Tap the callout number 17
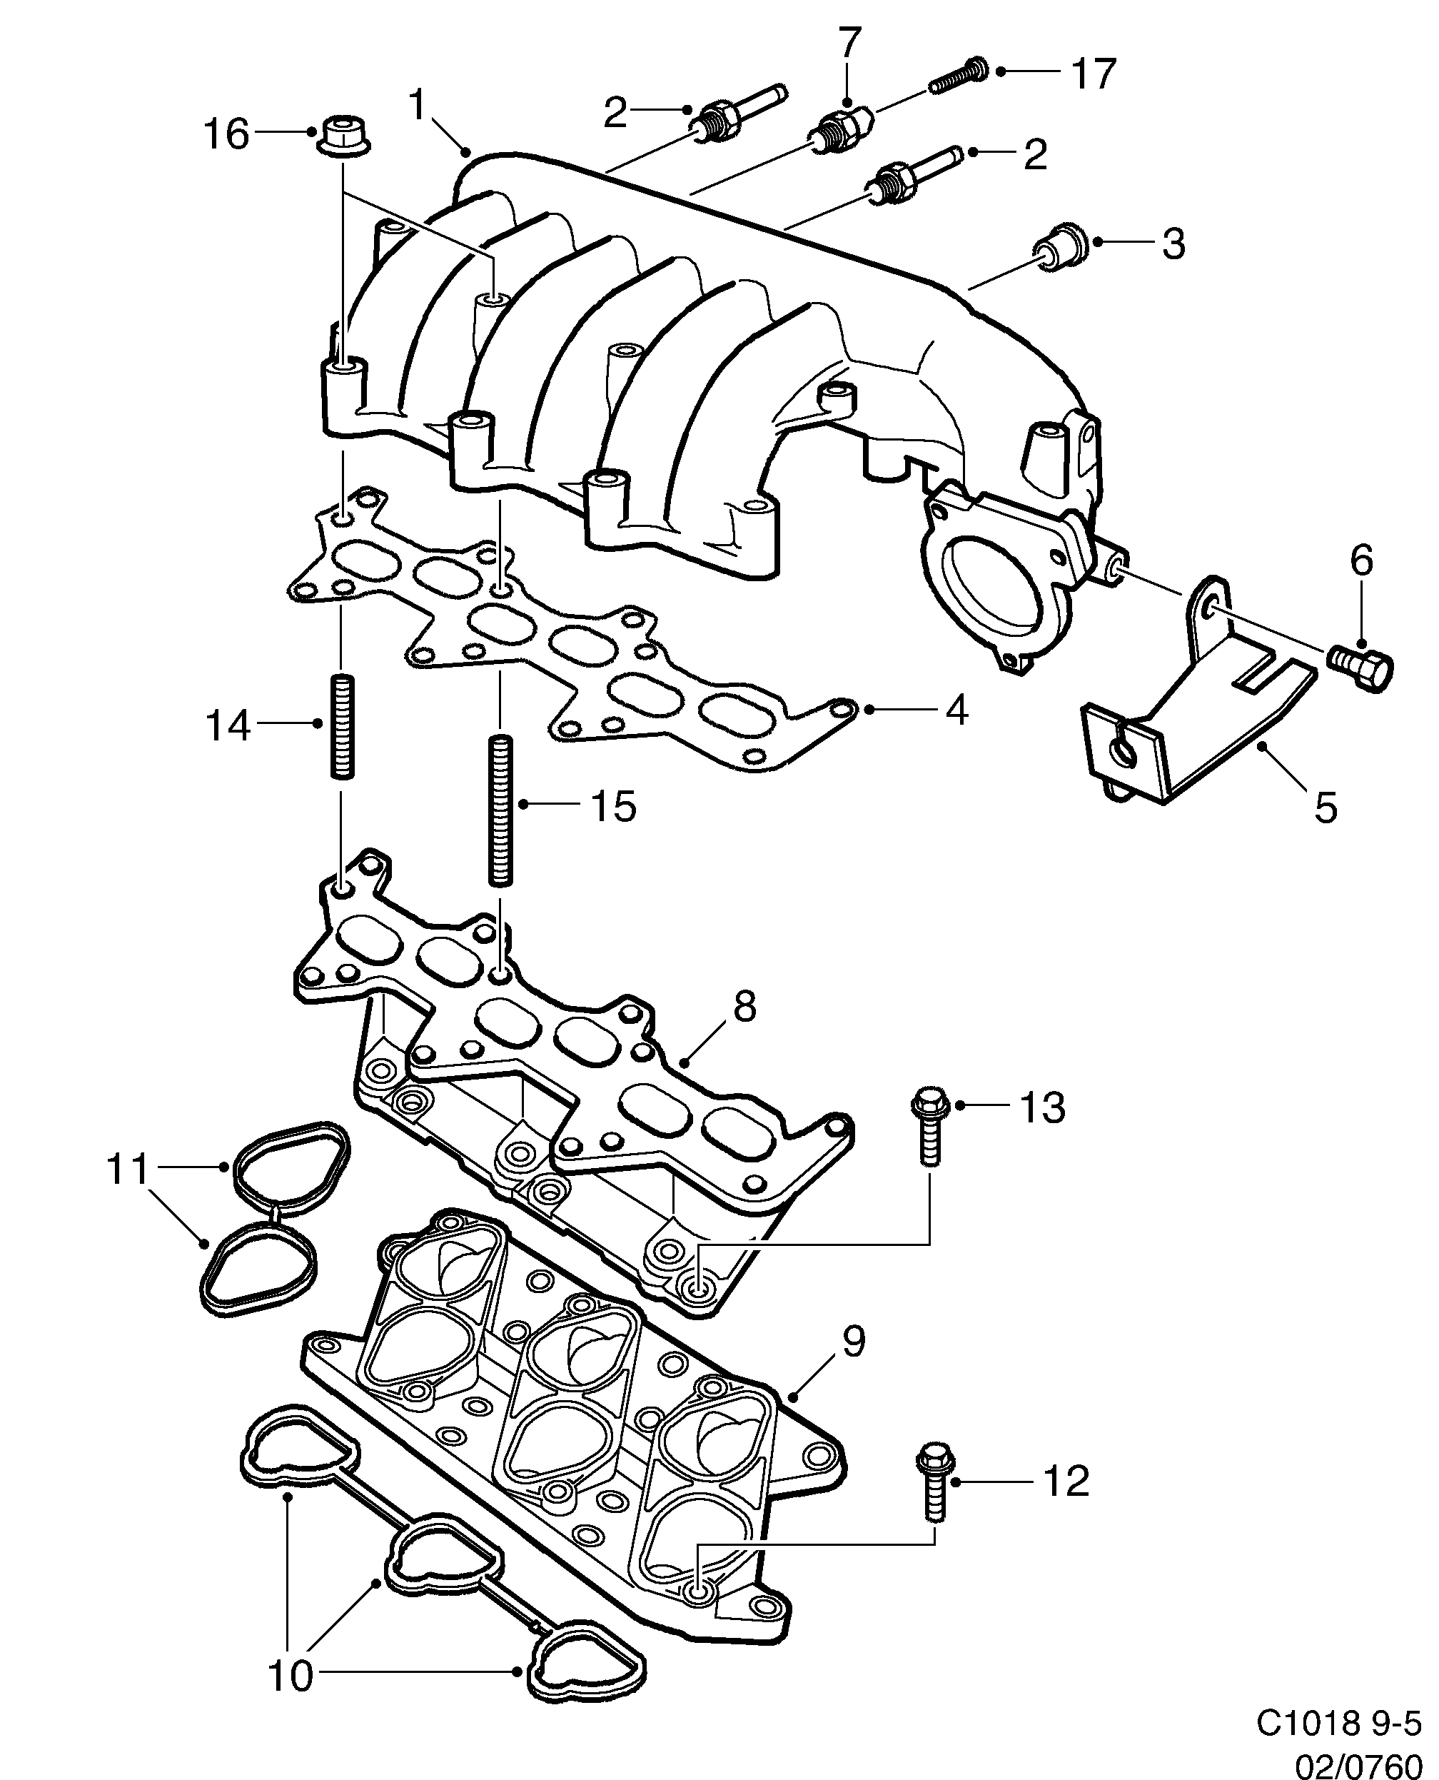(x=1094, y=74)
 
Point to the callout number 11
(x=127, y=1169)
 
